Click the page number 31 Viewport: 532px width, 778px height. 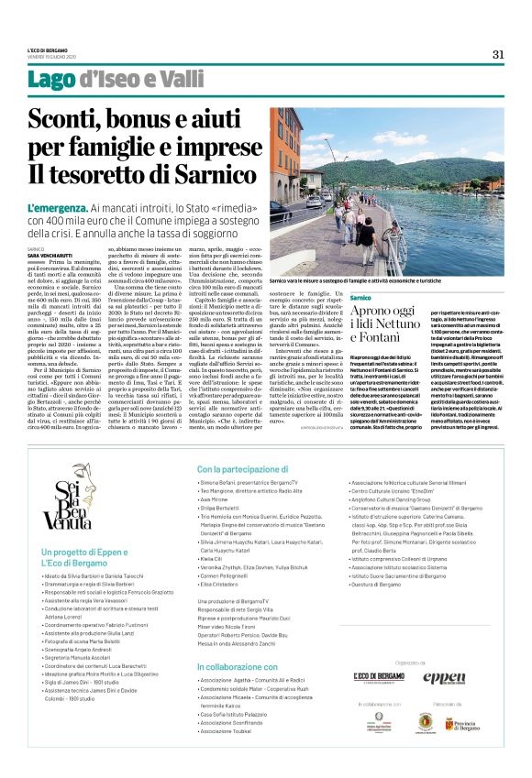pyautogui.click(x=498, y=54)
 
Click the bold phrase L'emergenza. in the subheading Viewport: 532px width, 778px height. pyautogui.click(x=61, y=210)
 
